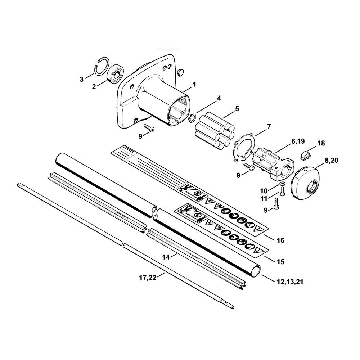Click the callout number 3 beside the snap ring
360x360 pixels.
coord(82,78)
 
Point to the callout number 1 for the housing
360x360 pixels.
coord(194,84)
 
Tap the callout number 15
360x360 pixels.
coord(280,262)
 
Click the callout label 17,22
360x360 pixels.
coord(148,278)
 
